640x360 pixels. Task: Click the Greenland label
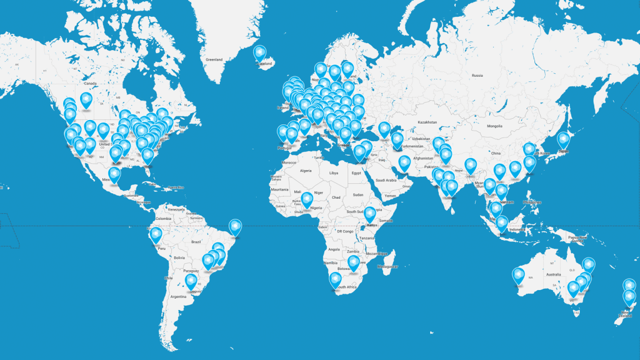tap(214, 60)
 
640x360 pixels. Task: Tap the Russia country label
tap(477, 75)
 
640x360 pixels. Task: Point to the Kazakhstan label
tap(432, 122)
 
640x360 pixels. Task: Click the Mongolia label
tap(494, 126)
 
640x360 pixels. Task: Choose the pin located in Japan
tap(563, 140)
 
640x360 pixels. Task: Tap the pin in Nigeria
tap(307, 199)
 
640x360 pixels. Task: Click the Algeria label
tap(306, 170)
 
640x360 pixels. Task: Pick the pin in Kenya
tap(369, 214)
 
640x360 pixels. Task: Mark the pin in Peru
tap(156, 235)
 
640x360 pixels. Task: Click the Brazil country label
tap(196, 241)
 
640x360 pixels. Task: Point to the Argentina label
tap(178, 296)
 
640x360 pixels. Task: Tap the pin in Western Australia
tap(518, 274)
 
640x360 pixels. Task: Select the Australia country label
tap(553, 274)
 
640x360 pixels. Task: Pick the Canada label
tap(90, 83)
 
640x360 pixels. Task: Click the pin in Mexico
tap(114, 175)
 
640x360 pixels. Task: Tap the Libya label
tap(333, 172)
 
